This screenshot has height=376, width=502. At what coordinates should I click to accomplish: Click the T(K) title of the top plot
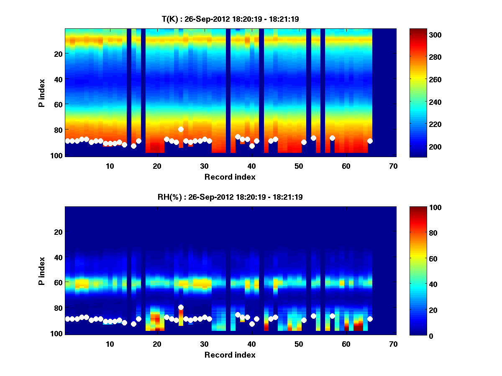point(230,19)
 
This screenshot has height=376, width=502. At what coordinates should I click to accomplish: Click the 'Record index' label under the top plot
point(230,177)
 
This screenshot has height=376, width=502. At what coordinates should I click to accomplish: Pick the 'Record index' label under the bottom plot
point(230,355)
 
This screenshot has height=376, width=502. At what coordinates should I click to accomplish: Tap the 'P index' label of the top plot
point(42,93)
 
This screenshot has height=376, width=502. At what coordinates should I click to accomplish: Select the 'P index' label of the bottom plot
point(42,271)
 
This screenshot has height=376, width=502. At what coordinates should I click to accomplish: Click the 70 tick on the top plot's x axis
point(394,166)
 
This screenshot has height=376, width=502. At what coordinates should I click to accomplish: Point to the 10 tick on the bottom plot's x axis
point(110,344)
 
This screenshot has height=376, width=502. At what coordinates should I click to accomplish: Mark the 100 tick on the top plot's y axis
point(56,155)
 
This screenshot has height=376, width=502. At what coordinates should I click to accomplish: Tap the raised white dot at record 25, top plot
point(181,129)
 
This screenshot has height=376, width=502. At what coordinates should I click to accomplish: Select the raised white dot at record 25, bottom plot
point(181,307)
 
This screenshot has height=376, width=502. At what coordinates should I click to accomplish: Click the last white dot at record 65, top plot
point(370,141)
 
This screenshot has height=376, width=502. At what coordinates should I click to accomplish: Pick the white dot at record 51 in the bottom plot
point(304,320)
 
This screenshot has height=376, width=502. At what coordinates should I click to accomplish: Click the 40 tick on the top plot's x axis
point(252,166)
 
